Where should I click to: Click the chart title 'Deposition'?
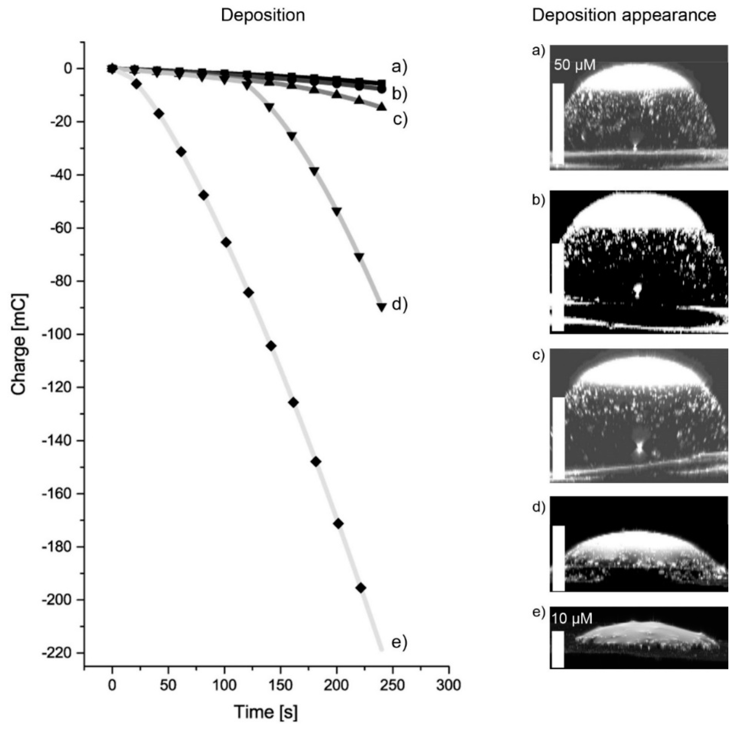coord(263,16)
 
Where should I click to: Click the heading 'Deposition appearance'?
coord(624,16)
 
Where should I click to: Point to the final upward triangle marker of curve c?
coord(381,106)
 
